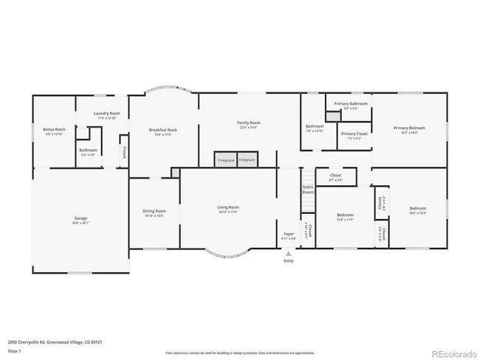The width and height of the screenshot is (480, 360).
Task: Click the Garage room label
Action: tap(80, 219)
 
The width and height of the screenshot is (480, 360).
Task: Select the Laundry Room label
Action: tap(106, 114)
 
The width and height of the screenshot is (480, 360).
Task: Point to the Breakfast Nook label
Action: tap(162, 130)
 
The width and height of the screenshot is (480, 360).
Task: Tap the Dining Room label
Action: tap(154, 212)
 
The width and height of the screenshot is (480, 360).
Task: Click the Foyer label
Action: tap(289, 235)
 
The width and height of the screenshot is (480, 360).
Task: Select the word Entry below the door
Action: tap(288, 260)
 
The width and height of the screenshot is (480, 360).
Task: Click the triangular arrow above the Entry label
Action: tap(288, 253)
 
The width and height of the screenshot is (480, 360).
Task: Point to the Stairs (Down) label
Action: tap(308, 189)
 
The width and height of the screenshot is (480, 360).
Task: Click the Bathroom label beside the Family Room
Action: tap(315, 126)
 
